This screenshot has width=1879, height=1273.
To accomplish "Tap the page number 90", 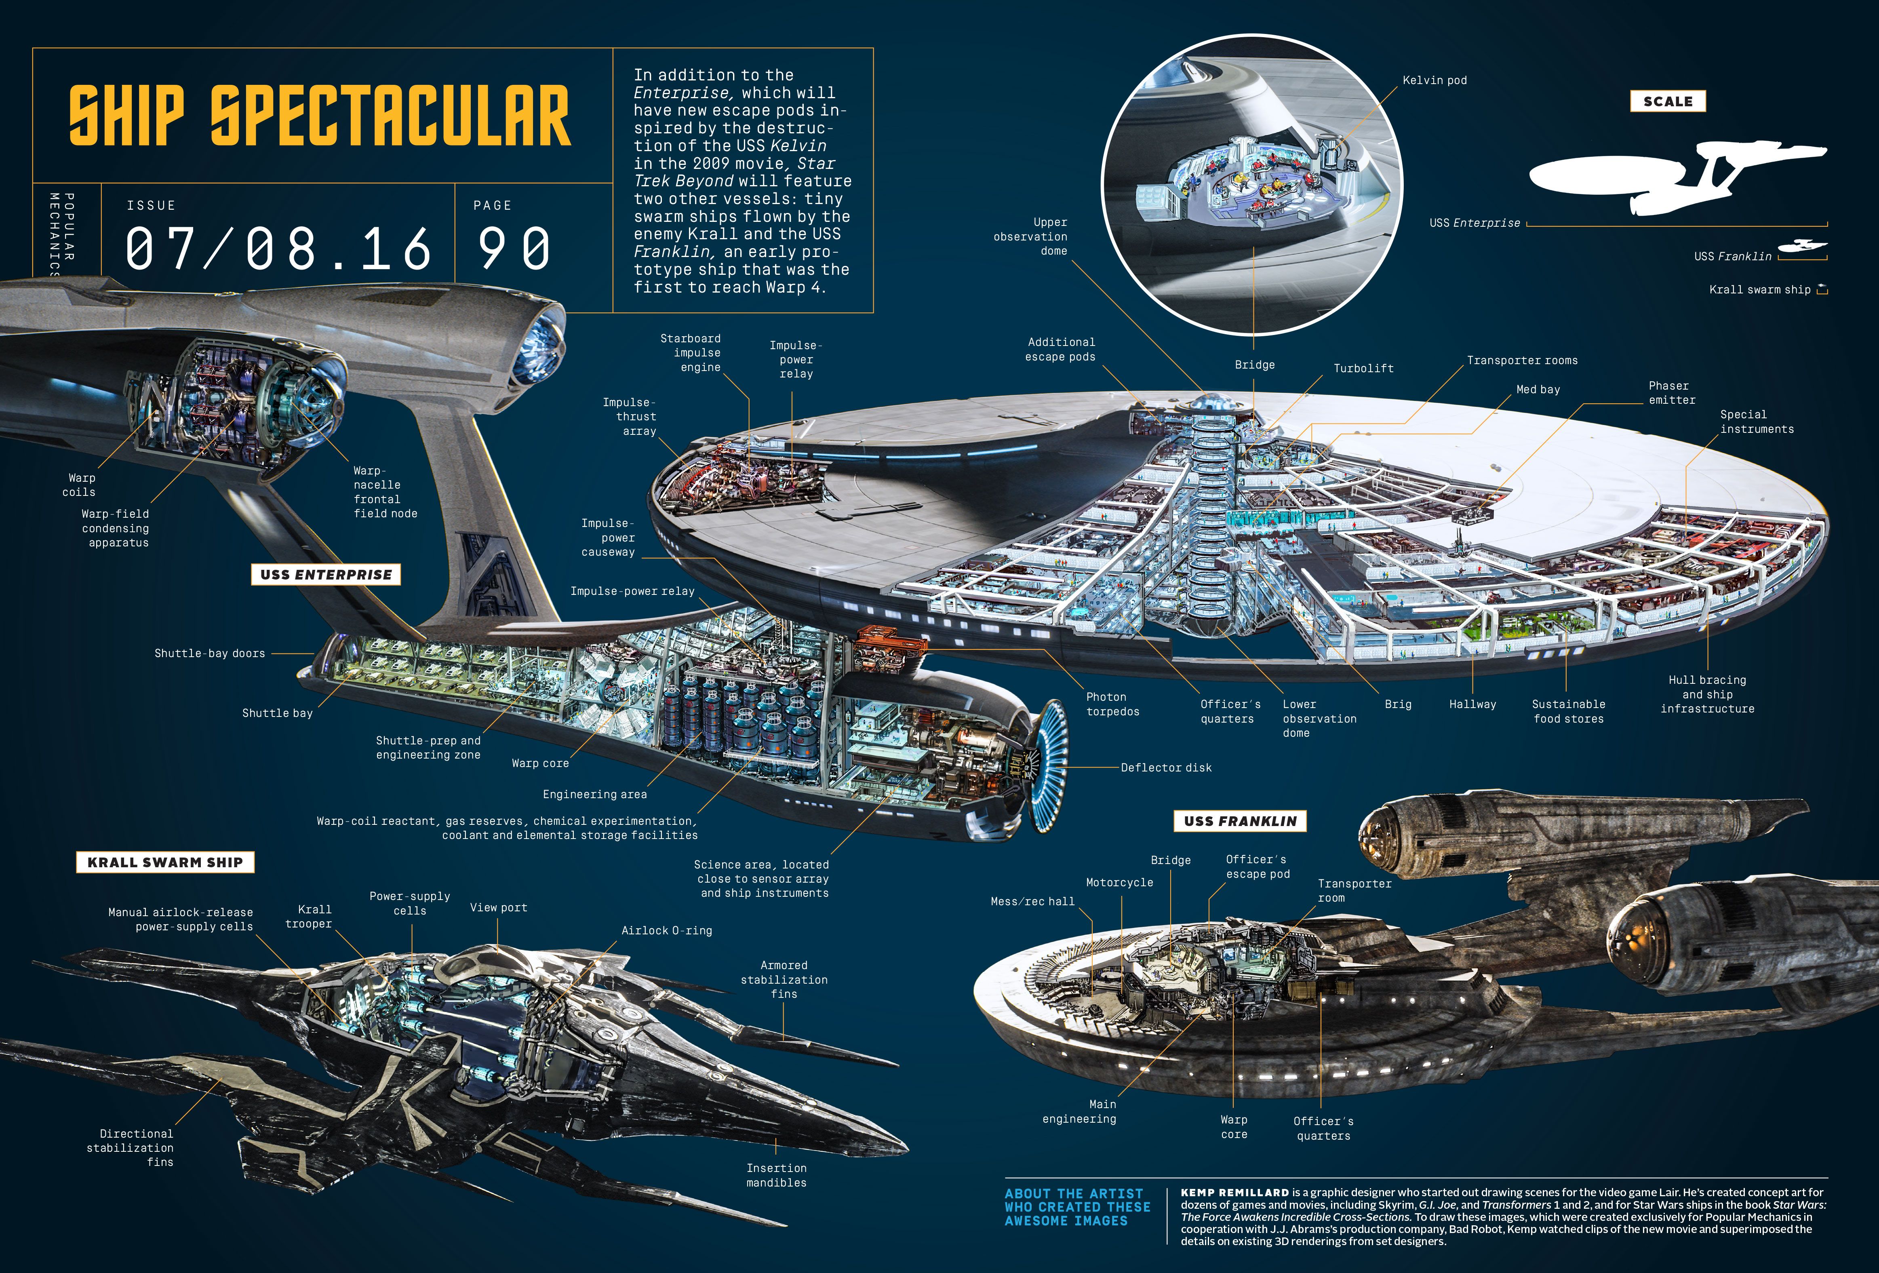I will click(514, 248).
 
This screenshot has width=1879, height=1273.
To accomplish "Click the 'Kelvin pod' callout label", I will click(1435, 80).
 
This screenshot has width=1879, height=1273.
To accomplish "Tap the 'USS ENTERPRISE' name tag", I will click(326, 575).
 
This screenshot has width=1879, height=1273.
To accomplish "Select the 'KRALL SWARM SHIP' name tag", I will click(165, 862).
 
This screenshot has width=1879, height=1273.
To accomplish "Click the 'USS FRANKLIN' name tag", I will click(1239, 821).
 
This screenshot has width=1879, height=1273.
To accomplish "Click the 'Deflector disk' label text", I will click(1166, 767).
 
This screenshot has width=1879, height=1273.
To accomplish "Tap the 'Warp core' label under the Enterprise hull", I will click(540, 763).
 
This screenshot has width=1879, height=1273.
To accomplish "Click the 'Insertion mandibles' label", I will click(776, 1175).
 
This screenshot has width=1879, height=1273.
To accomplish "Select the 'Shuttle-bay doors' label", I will click(209, 653).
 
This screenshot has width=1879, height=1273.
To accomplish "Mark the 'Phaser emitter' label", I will click(1671, 393).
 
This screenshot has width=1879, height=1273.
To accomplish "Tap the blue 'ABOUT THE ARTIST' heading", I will click(1074, 1194).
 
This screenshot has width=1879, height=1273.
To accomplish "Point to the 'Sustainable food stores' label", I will click(1569, 711).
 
